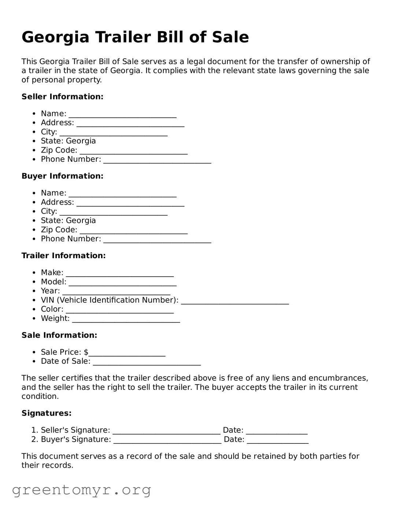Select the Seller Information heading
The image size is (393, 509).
coord(62,96)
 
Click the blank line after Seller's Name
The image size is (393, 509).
coord(122,114)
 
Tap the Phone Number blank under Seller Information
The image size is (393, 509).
coord(157,160)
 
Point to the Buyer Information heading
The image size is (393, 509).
coord(62,176)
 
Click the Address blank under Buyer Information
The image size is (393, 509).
coord(130,203)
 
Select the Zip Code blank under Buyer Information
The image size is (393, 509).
coord(133,231)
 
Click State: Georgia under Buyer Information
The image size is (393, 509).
coord(68,220)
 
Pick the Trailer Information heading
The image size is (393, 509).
coord(63,256)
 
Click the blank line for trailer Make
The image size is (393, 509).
coord(119,274)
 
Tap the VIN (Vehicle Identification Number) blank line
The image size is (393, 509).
coord(235,301)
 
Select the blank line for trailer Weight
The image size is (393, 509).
coord(126,319)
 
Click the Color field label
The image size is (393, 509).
coord(52,309)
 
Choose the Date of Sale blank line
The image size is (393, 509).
coord(147,362)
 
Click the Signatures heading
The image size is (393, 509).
coord(47,413)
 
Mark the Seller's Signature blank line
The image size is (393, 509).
coord(166,431)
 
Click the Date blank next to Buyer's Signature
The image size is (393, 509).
coord(277,440)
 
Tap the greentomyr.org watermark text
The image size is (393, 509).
coord(81,490)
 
